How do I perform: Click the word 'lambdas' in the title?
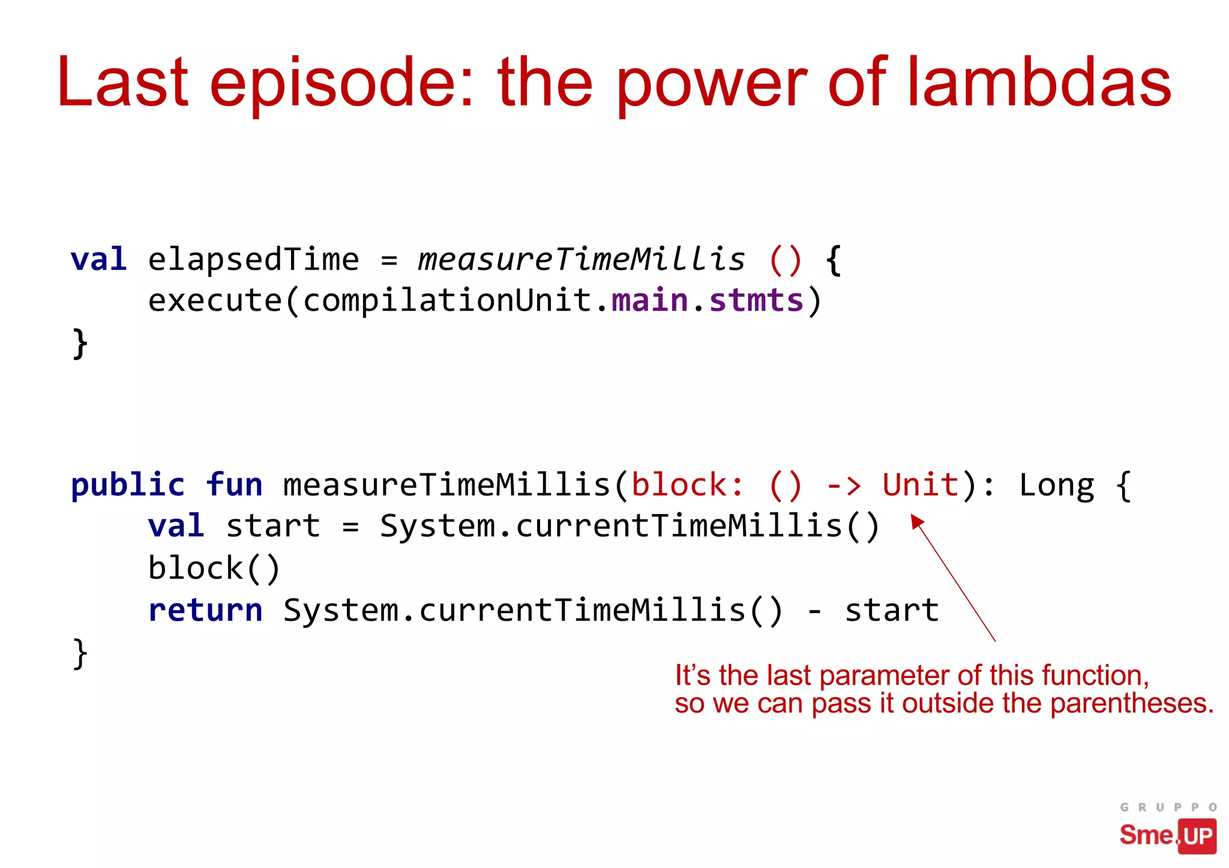(1038, 82)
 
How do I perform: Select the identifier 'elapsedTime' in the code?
(253, 260)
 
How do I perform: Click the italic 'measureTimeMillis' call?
(581, 260)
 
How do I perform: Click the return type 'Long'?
(1057, 486)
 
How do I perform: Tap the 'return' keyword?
(205, 611)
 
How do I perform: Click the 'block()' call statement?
(214, 568)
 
